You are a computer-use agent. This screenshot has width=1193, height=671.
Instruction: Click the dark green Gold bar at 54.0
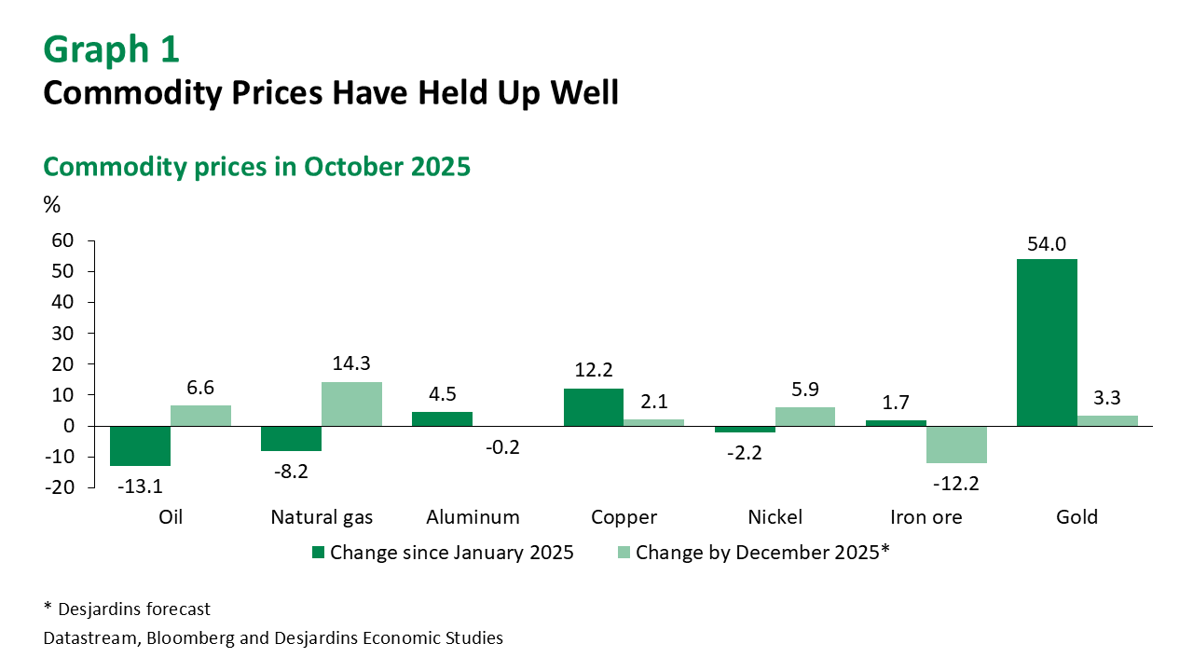1047,342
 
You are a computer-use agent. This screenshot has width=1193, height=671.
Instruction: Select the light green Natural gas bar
351,404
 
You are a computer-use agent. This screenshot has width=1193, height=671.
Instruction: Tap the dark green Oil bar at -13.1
141,445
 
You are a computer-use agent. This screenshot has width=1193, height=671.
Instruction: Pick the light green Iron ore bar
956,445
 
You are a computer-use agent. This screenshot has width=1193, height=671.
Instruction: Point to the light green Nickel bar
805,417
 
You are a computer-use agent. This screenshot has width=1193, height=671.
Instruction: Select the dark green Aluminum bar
443,418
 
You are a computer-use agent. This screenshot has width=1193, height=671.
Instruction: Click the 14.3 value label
351,363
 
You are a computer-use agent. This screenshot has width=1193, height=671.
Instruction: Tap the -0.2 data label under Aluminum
503,447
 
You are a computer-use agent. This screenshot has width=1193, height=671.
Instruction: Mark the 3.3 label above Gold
1107,397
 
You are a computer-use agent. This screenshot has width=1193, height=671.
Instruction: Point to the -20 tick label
59,487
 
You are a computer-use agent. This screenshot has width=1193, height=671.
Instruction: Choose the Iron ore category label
926,517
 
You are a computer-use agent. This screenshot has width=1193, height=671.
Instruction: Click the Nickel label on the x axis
775,517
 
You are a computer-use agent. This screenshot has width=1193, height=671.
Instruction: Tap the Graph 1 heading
111,49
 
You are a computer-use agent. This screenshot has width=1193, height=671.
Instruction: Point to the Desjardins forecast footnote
127,609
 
